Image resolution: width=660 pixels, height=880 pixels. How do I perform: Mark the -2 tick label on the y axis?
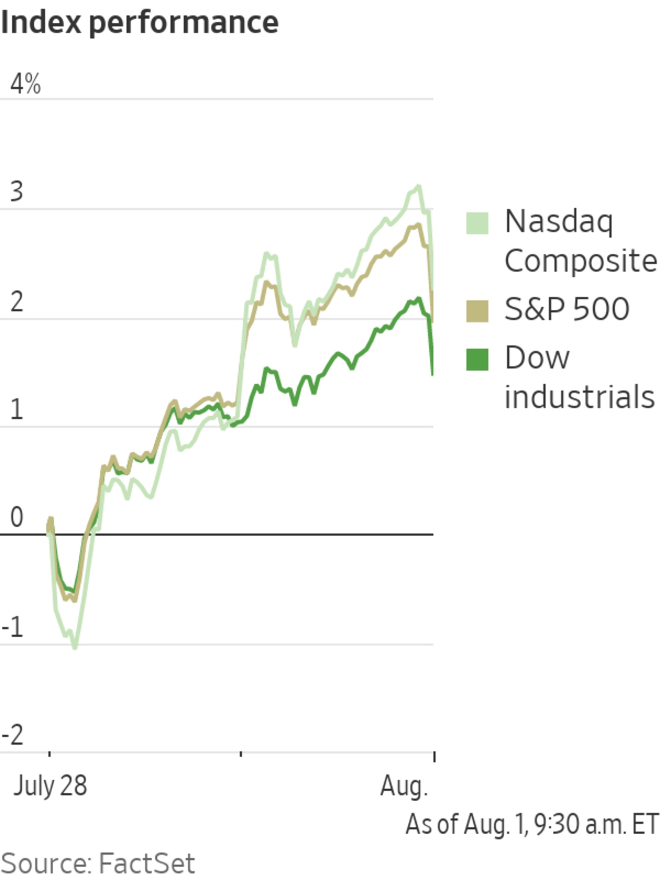13,736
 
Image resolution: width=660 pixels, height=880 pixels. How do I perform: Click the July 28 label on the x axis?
50,786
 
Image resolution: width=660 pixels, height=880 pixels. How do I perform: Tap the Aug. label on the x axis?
403,786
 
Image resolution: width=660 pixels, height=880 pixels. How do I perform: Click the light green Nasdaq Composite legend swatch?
477,223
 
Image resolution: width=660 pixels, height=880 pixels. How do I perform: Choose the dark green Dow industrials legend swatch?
477,359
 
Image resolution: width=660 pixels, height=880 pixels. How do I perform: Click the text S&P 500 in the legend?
566,309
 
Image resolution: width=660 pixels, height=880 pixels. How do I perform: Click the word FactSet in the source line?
146,863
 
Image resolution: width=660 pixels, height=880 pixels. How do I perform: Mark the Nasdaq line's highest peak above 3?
418,186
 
